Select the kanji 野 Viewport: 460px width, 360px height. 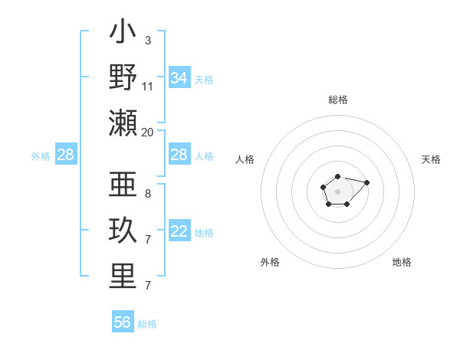click(x=123, y=77)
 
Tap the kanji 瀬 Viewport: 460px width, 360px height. click(x=123, y=123)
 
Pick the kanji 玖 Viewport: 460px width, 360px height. click(x=123, y=231)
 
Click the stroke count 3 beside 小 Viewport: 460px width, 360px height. click(x=147, y=40)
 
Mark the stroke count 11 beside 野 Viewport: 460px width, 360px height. click(x=148, y=86)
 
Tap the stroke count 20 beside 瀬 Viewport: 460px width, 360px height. click(x=148, y=132)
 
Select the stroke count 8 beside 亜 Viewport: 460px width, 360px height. click(x=147, y=194)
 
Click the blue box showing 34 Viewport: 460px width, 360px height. click(x=179, y=78)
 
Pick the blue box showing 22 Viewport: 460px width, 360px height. click(x=179, y=232)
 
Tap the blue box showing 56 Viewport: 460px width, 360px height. click(x=122, y=322)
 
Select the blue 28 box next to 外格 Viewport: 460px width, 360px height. click(x=65, y=155)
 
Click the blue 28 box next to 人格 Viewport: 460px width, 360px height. click(x=179, y=155)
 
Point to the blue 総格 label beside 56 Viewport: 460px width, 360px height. click(x=147, y=324)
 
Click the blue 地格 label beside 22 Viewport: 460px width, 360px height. click(x=204, y=233)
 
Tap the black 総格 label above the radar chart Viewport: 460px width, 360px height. click(x=337, y=100)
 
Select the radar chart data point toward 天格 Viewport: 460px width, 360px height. click(x=366, y=182)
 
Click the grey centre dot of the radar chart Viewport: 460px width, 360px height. click(x=337, y=191)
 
